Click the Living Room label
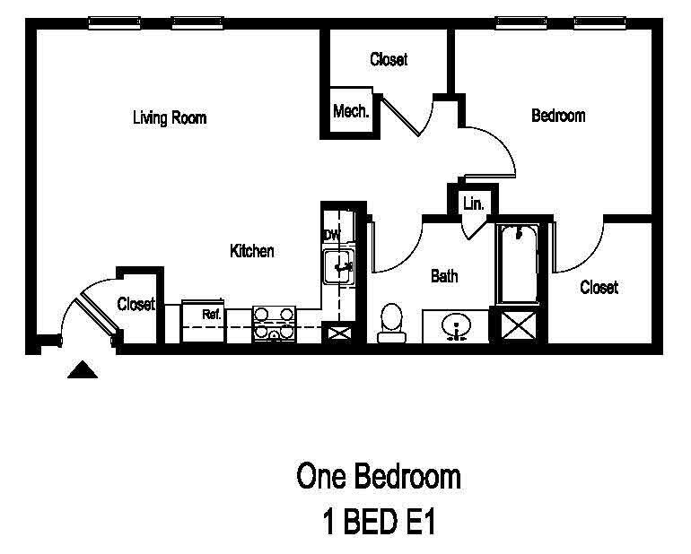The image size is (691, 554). point(170,117)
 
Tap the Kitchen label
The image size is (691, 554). point(252,252)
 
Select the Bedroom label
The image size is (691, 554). point(558,116)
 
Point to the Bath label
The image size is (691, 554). point(444,276)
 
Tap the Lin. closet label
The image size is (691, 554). point(473,204)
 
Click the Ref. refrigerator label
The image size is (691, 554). point(211,315)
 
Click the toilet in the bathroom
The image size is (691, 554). point(390,322)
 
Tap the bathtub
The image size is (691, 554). point(518,264)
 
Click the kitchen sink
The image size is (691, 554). point(341,265)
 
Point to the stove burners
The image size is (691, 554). point(275,323)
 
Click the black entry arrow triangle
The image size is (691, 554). point(83,369)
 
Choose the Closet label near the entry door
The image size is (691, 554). point(136,305)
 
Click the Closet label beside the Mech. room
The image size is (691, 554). point(389,60)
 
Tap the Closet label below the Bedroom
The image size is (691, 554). point(599,288)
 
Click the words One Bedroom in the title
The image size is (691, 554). point(379,477)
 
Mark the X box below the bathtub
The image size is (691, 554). point(518,325)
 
